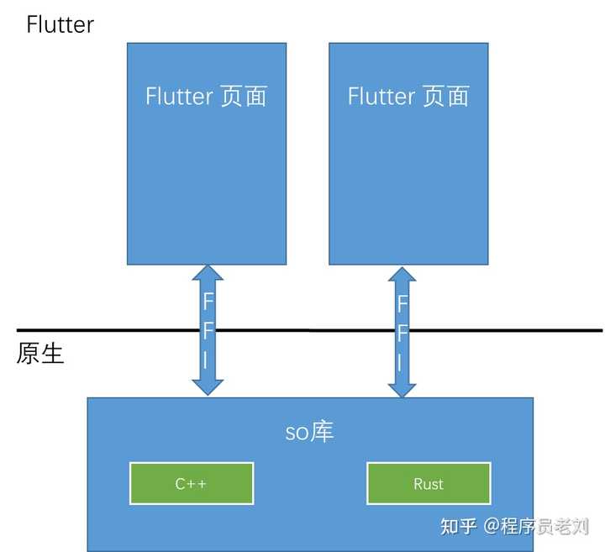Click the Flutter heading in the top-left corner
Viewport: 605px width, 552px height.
tap(60, 24)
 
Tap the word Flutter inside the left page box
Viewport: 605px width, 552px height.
tap(179, 96)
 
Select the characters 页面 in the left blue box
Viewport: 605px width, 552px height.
tap(244, 96)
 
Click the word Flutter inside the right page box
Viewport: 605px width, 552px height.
tap(381, 96)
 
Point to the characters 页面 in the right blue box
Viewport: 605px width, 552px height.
tap(446, 96)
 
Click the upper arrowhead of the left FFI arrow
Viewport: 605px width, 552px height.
tap(208, 275)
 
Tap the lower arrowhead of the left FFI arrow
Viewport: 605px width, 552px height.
tap(208, 386)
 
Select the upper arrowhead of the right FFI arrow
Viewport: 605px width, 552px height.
tap(402, 277)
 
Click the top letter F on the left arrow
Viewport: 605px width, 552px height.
tap(208, 301)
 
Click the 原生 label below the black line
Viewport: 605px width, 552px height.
tap(40, 354)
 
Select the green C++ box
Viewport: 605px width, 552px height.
tap(192, 484)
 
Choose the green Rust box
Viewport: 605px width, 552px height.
tap(429, 484)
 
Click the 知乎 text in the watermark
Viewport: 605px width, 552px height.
tap(459, 527)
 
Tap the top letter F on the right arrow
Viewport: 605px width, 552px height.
tap(402, 304)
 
